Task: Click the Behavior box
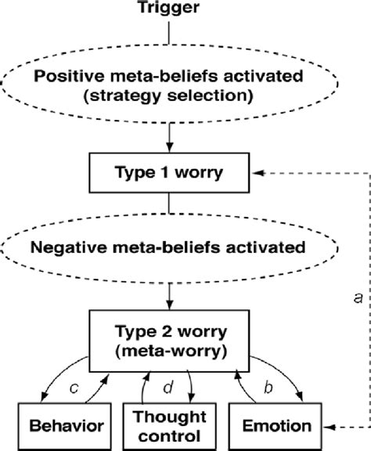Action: pos(57,427)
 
